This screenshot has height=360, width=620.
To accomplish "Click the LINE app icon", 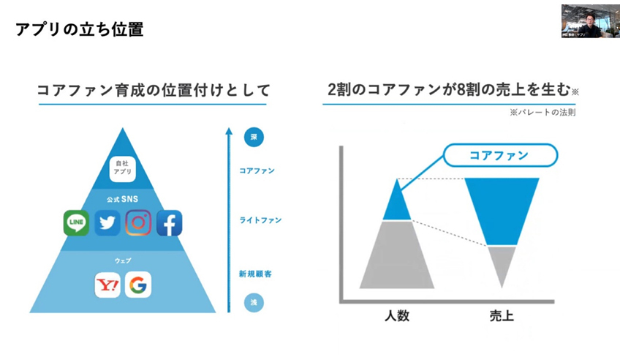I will point(77,222).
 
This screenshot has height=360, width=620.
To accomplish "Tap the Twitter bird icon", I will point(107,222).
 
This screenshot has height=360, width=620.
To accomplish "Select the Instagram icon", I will point(138,222).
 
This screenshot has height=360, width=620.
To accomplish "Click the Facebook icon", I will point(169,222).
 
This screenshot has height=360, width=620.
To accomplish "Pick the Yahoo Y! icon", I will point(107,285).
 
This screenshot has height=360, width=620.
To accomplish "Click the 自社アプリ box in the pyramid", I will point(122,169).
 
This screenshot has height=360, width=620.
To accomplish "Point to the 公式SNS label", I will point(122,198).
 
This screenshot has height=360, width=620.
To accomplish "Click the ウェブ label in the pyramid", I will point(122,261).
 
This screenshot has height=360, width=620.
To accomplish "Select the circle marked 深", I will point(253,137).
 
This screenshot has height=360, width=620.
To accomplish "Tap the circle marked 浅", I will point(253,301).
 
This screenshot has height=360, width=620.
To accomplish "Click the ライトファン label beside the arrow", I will point(260,220).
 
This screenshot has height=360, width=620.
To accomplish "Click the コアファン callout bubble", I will point(501,155).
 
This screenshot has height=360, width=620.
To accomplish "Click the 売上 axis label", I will point(502,316).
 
